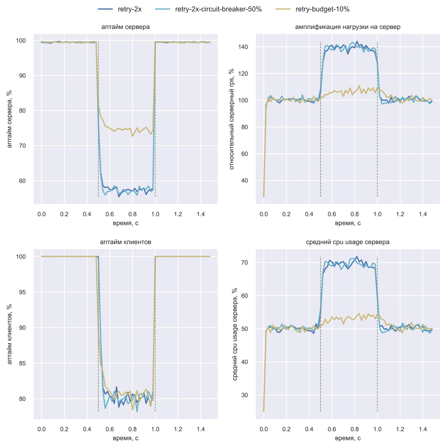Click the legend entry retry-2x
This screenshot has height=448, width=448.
click(129, 9)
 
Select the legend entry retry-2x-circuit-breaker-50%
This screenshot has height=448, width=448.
click(218, 9)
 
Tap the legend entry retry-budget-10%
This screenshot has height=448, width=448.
click(322, 9)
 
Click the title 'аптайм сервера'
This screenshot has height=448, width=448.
click(125, 27)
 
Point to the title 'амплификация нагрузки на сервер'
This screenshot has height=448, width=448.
click(348, 27)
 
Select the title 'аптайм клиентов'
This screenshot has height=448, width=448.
click(125, 242)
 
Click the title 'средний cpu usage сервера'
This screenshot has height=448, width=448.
click(348, 242)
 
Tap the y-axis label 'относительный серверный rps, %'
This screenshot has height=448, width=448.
click(232, 119)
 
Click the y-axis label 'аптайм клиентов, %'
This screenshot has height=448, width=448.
click(10, 334)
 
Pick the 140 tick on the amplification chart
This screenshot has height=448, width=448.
click(243, 47)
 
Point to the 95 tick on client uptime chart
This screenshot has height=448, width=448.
click(22, 292)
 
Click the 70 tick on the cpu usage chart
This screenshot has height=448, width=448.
click(244, 263)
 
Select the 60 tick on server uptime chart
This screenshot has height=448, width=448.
click(22, 181)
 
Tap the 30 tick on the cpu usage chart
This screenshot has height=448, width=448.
click(244, 395)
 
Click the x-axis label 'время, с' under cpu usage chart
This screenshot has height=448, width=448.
click(348, 438)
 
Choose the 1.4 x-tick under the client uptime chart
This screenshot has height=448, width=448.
click(200, 429)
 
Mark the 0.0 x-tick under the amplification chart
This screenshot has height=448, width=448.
click(264, 214)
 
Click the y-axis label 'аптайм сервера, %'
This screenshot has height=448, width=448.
click(10, 119)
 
